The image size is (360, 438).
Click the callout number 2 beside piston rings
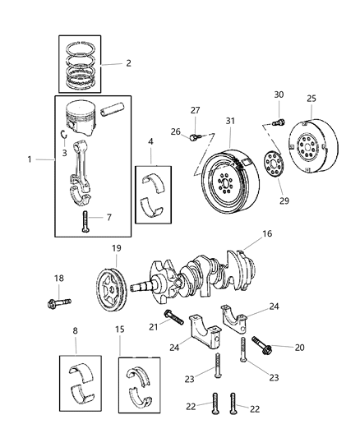tap(127, 62)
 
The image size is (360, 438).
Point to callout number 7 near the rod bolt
tap(109, 218)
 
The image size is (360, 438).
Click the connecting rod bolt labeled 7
tap(85, 219)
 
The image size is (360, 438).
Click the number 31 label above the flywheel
tap(231, 122)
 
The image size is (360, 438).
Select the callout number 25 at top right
tap(312, 99)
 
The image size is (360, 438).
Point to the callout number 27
tap(195, 110)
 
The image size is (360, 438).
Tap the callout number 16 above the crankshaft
tap(266, 233)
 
